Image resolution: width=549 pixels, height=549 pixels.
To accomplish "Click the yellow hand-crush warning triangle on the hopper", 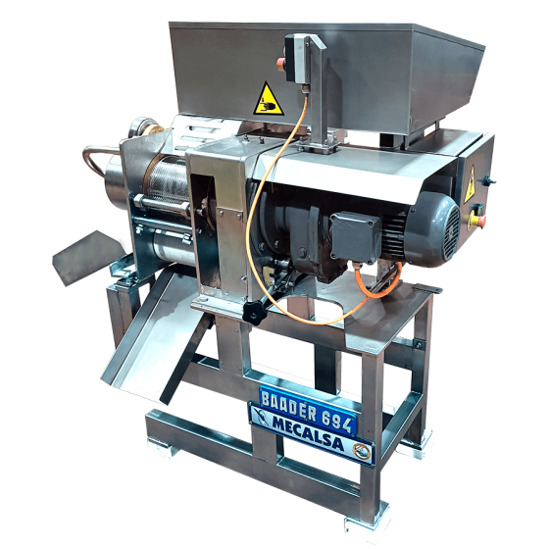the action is click(x=268, y=101).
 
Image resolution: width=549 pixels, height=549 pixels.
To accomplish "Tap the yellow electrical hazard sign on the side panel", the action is click(x=470, y=185).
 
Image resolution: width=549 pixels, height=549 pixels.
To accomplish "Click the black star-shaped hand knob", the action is click(x=255, y=312).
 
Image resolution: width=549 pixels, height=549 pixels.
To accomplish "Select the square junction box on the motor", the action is click(x=355, y=237).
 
